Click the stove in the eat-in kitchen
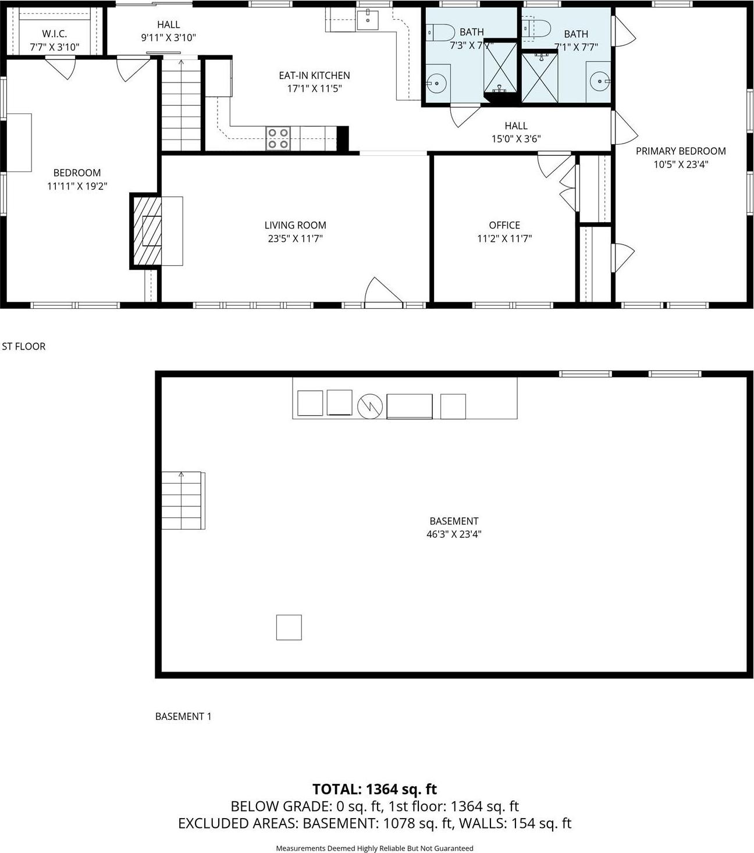278,138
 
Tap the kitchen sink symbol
368,19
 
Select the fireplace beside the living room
144,231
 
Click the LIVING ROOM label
295,225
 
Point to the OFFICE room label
504,225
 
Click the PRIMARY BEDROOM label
681,151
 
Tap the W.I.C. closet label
54,34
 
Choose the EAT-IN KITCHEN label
314,75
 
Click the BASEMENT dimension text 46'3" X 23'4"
454,534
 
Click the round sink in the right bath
599,82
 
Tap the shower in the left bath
500,68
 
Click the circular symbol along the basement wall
369,406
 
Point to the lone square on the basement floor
289,627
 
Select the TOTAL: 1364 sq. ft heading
375,789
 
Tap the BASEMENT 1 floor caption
183,716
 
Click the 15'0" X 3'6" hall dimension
516,139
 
